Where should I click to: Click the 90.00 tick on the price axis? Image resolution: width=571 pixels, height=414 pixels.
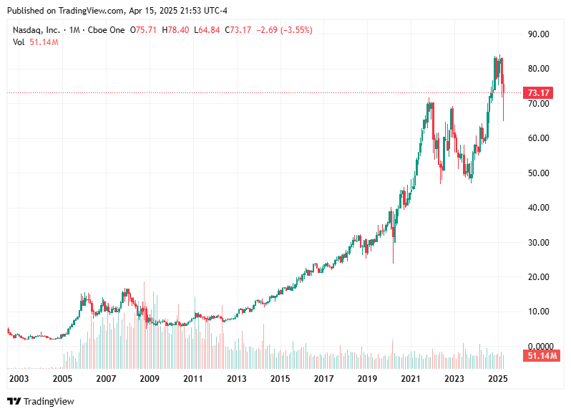click(538, 34)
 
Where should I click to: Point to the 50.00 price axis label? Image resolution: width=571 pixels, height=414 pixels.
click(538, 173)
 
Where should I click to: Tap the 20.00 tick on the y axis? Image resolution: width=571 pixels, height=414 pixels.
click(538, 277)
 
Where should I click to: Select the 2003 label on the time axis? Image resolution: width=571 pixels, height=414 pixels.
click(19, 378)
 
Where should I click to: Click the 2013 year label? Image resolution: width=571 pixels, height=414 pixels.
click(236, 378)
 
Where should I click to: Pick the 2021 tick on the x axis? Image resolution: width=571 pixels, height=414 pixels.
click(410, 378)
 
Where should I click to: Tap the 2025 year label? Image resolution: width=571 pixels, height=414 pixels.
click(497, 378)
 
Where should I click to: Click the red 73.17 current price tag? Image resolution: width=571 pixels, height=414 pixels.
click(537, 93)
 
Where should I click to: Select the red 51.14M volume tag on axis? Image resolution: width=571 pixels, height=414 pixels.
click(540, 356)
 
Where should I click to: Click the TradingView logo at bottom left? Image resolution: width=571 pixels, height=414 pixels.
click(41, 402)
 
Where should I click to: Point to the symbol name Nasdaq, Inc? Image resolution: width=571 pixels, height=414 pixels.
click(35, 30)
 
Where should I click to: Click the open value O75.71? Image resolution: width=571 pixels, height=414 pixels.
click(147, 30)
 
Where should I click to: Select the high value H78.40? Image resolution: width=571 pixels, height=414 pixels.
click(176, 30)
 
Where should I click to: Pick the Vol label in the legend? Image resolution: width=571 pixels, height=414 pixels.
click(19, 42)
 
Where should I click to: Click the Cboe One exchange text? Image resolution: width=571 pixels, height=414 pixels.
click(105, 30)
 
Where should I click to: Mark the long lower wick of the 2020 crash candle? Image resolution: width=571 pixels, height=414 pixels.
click(393, 251)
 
